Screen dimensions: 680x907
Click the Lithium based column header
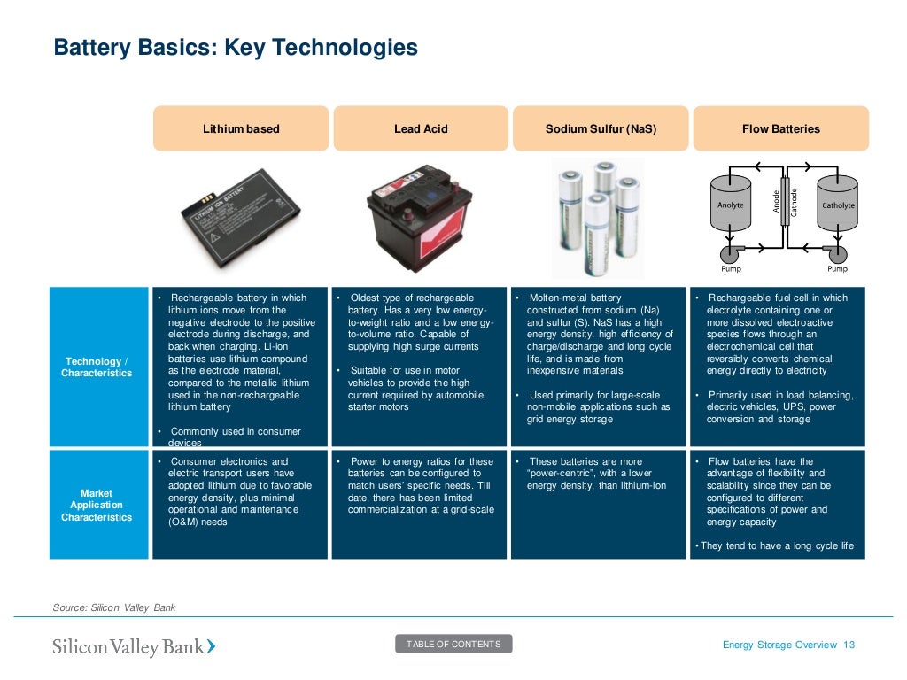pos(241,129)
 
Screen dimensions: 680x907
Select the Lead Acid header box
pos(421,129)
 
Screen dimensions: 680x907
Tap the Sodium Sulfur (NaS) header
pos(601,129)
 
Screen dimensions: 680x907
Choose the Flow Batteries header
pos(780,129)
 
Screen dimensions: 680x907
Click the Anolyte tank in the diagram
pos(731,206)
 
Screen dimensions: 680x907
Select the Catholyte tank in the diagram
pos(838,206)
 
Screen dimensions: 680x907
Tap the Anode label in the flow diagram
pos(776,202)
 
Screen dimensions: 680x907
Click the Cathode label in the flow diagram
pos(794,202)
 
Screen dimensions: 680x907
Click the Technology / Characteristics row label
pos(97,367)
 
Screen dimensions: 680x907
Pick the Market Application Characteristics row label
pos(97,505)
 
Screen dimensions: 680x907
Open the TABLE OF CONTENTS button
pos(453,644)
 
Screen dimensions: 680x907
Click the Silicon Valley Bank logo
pos(134,646)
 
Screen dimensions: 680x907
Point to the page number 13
pos(849,645)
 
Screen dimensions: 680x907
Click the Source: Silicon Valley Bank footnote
pos(115,607)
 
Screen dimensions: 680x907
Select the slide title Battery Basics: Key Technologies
pos(236,47)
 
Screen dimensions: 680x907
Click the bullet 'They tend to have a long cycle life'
pos(777,545)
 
